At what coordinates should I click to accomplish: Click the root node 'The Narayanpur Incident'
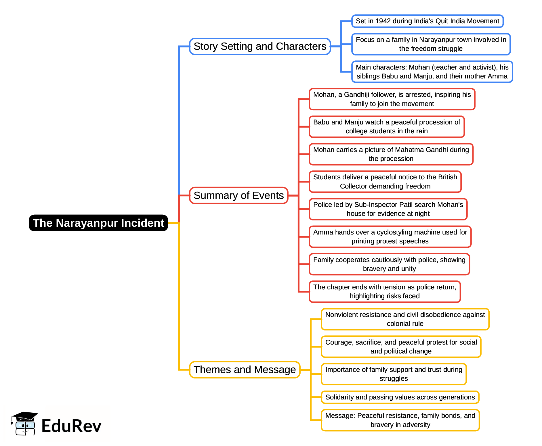[x=98, y=223]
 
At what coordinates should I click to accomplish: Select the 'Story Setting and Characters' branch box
[x=260, y=46]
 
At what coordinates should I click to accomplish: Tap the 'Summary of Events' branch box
[x=238, y=195]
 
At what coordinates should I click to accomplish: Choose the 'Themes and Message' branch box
[x=245, y=370]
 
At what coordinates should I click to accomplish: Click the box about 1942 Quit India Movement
[x=427, y=21]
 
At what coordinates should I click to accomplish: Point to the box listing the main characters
[x=432, y=72]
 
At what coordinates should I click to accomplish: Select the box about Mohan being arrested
[x=392, y=99]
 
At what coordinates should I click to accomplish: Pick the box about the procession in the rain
[x=387, y=127]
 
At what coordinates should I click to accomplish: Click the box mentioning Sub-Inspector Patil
[x=388, y=209]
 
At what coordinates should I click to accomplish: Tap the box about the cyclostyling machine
[x=390, y=237]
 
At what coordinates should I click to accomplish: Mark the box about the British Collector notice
[x=385, y=182]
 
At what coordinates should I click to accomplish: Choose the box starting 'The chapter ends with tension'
[x=385, y=292]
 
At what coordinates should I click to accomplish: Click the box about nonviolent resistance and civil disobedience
[x=405, y=319]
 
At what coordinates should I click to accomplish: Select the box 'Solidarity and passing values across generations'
[x=400, y=397]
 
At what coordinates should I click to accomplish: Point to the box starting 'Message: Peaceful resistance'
[x=400, y=420]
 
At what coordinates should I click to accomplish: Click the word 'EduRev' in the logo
[x=71, y=426]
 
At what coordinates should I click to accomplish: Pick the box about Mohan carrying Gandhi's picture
[x=391, y=154]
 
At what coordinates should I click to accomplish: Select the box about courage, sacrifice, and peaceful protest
[x=401, y=347]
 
